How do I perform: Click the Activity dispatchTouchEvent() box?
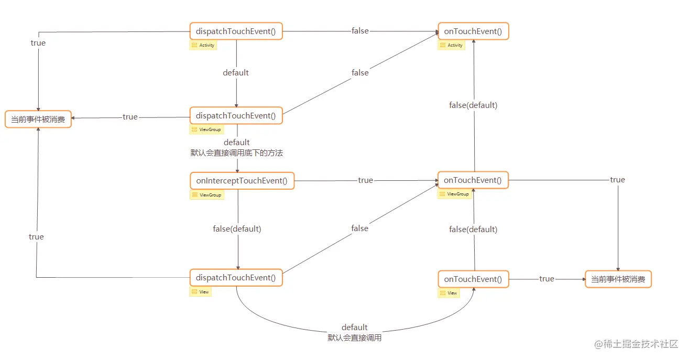(x=236, y=31)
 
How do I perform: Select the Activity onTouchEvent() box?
(x=473, y=31)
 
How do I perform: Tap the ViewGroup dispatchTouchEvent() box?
(x=236, y=115)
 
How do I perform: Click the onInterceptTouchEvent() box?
(x=242, y=181)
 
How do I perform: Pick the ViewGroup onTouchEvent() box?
(x=473, y=180)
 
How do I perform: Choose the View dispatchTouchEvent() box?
(x=236, y=278)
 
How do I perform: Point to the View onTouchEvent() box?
(x=473, y=279)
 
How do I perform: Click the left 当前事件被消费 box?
(x=38, y=119)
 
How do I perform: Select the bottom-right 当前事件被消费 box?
(x=618, y=279)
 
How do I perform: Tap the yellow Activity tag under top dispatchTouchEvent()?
(x=203, y=46)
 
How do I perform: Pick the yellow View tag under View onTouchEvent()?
(x=449, y=293)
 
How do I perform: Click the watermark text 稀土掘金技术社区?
(x=640, y=344)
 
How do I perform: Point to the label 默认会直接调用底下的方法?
(x=237, y=153)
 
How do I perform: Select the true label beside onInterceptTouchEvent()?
(x=365, y=180)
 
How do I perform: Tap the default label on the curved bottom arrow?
(x=355, y=328)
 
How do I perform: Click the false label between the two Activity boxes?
(x=360, y=31)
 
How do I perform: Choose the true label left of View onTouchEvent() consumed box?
(x=546, y=279)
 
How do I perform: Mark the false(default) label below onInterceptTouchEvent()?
(x=237, y=229)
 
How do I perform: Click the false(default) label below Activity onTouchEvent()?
(x=473, y=105)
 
